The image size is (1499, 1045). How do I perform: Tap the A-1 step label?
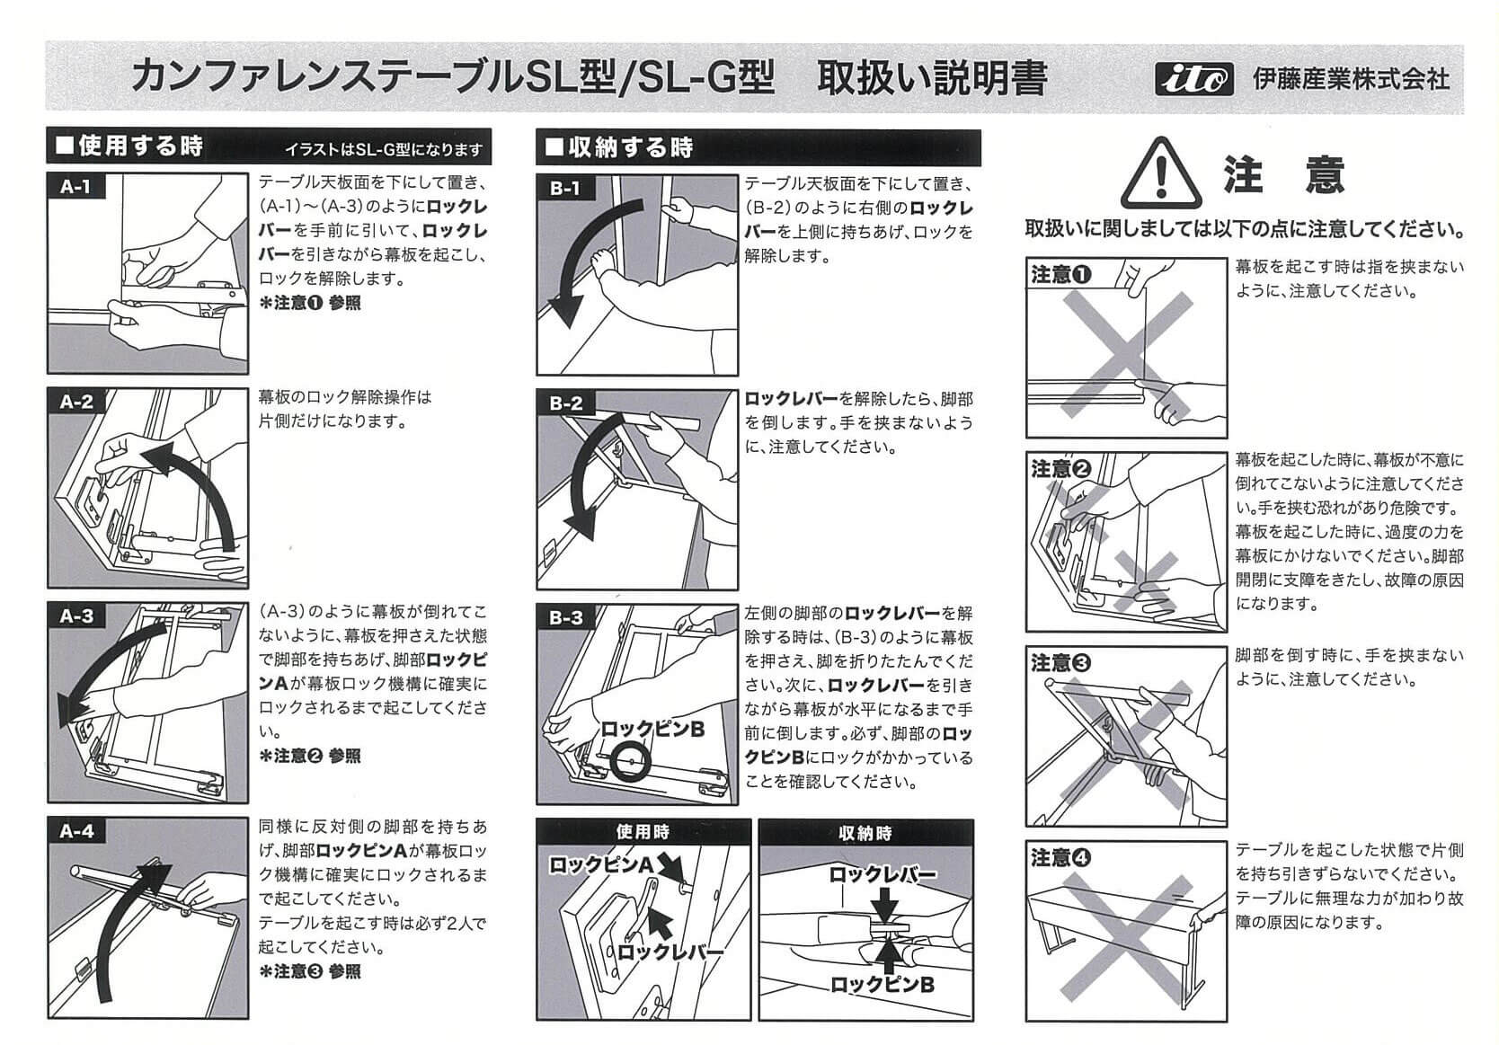tap(75, 186)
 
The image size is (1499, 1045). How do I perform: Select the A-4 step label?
tap(75, 831)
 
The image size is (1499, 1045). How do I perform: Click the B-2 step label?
tap(566, 403)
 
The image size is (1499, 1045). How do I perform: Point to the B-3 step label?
tap(566, 617)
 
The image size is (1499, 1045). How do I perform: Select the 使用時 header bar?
tap(643, 832)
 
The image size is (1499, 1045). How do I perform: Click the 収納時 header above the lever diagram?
tap(865, 833)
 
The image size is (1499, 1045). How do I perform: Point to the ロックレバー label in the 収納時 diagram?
tap(882, 873)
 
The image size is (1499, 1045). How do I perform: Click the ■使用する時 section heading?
tap(130, 146)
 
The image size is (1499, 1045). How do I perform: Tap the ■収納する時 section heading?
tap(620, 146)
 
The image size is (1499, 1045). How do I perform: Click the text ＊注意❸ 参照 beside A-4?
tap(309, 971)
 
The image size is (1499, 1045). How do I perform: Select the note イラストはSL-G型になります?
tap(383, 149)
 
